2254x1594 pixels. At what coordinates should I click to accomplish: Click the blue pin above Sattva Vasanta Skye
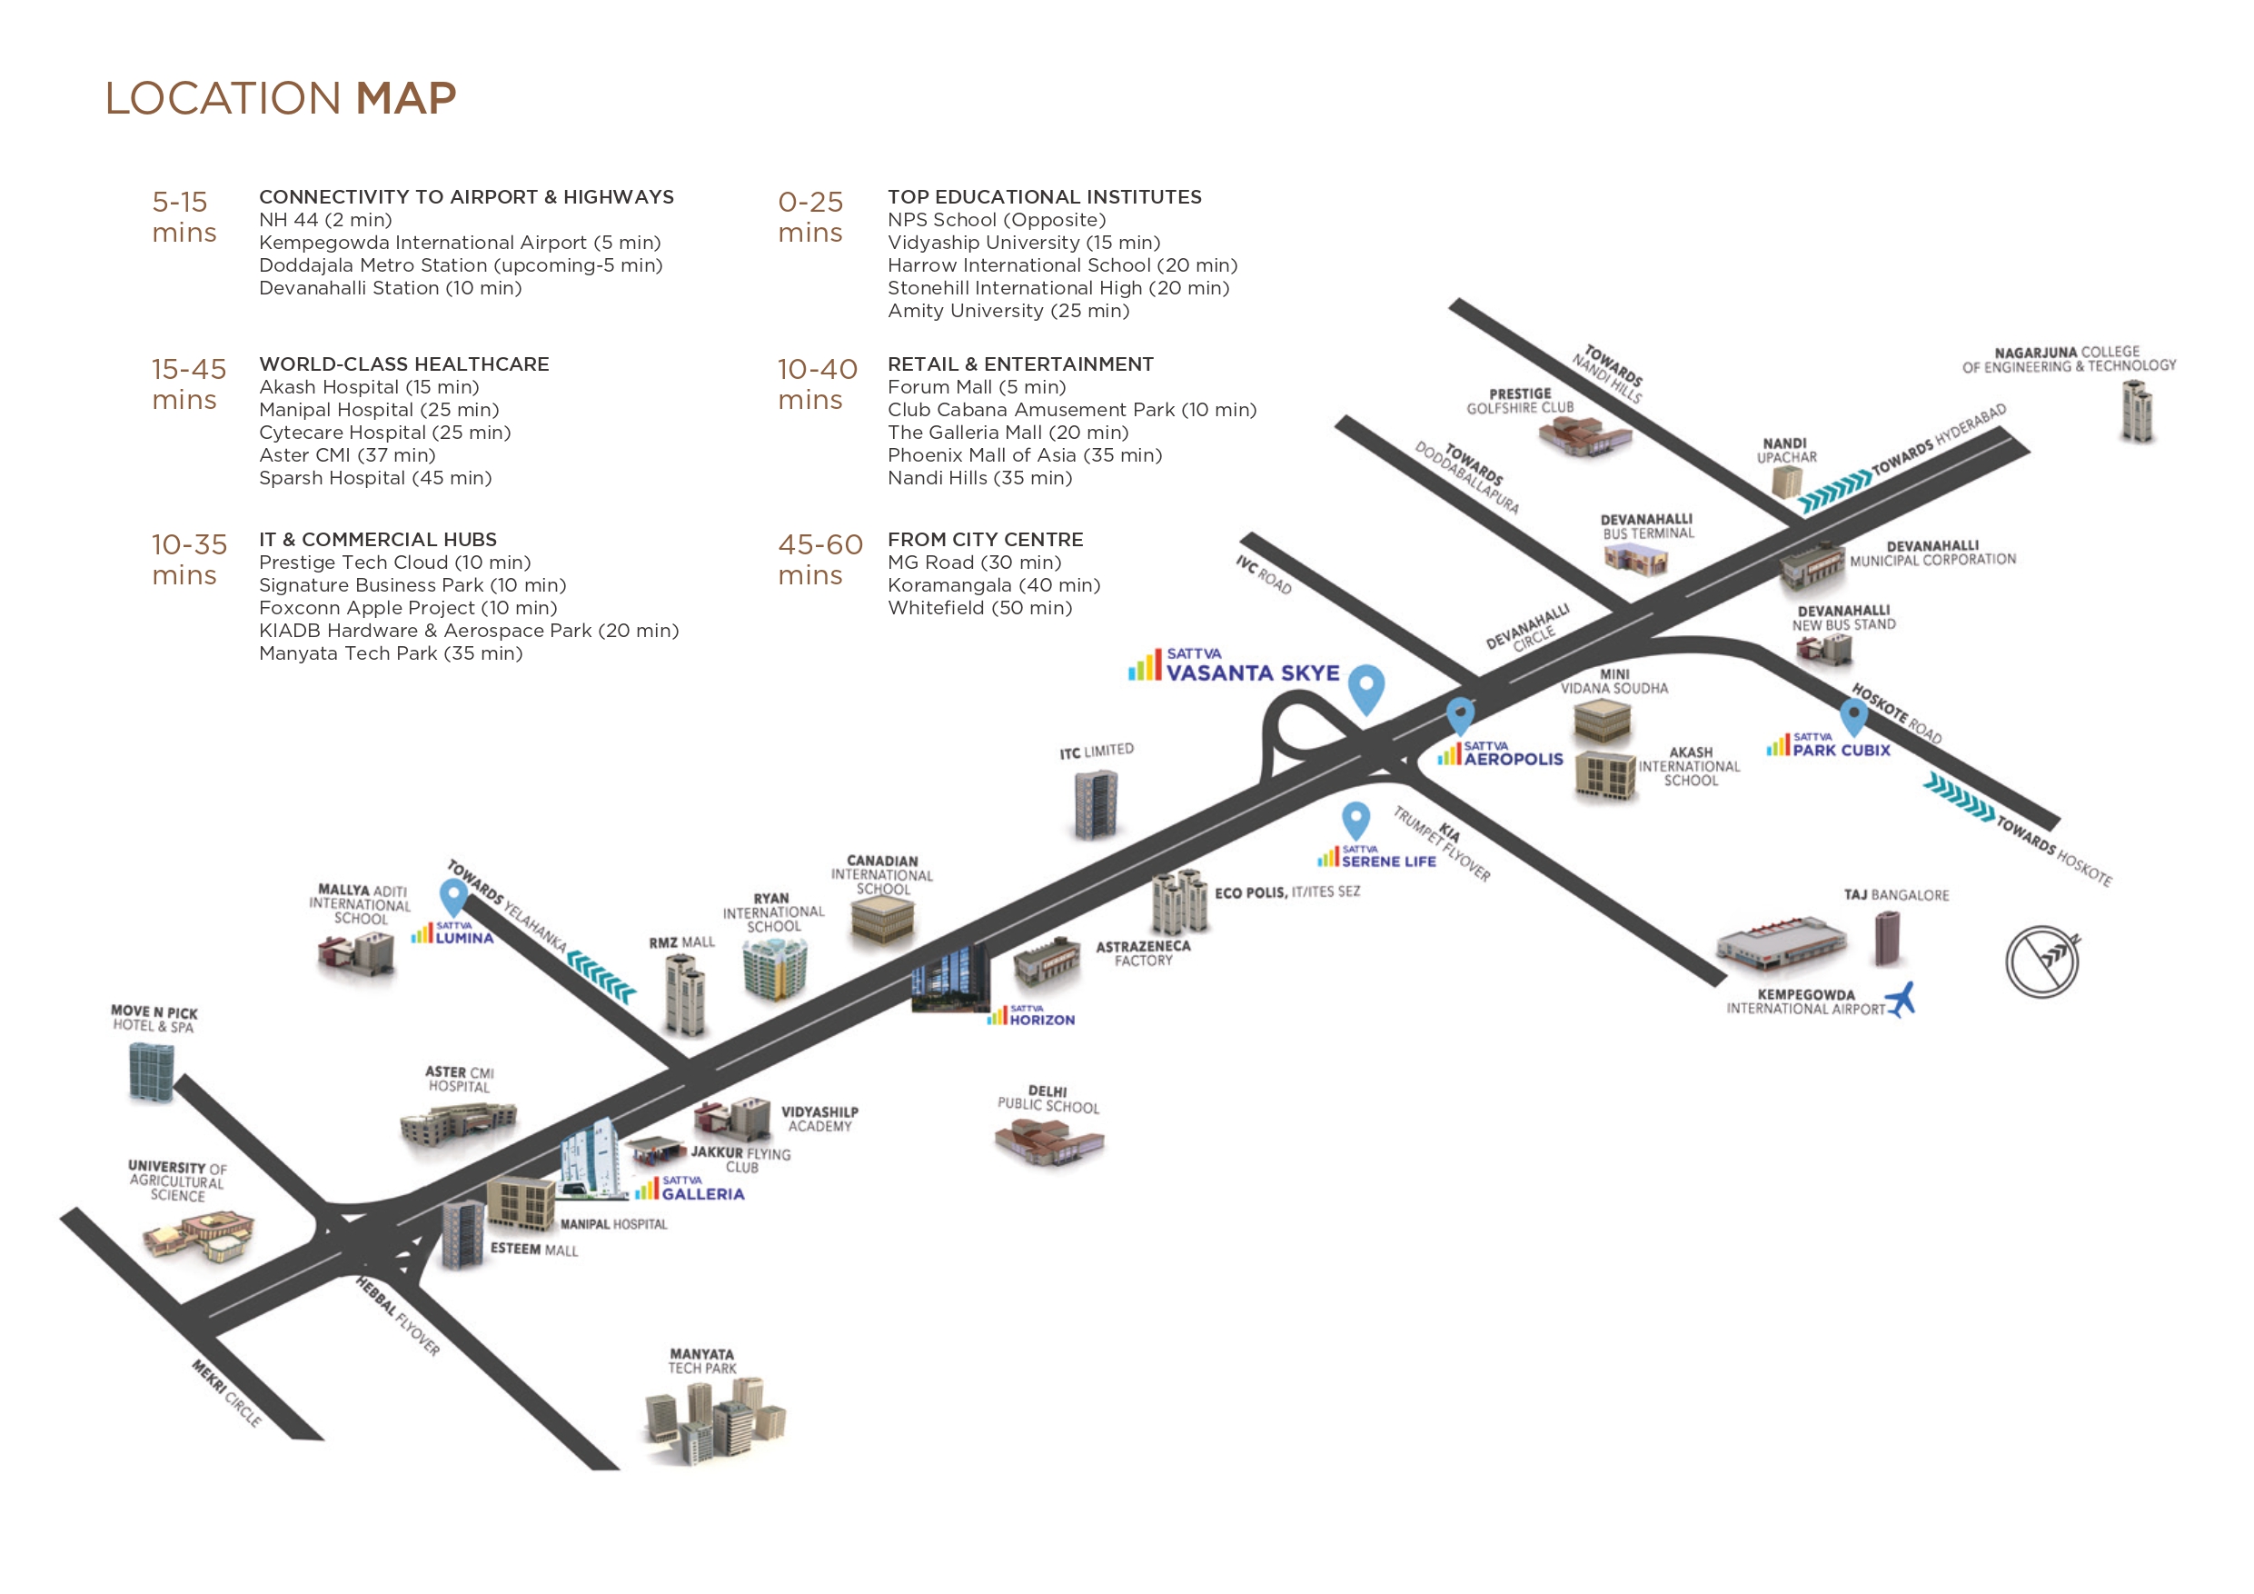[1365, 690]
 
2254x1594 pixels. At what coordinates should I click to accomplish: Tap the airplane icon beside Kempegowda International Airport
[1901, 999]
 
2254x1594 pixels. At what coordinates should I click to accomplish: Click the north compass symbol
[2042, 961]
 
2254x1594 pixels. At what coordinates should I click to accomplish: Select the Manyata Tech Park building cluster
[714, 1420]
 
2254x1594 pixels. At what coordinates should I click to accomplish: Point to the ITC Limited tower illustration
[1096, 804]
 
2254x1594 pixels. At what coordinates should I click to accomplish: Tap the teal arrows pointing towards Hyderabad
[1834, 492]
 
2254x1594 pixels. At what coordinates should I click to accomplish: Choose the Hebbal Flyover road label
[398, 1316]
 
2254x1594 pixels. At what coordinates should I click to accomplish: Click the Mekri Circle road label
[227, 1392]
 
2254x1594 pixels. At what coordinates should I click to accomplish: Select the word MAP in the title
[405, 98]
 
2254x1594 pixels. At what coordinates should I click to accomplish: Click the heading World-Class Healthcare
[403, 364]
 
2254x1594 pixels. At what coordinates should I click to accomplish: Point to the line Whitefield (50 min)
[979, 608]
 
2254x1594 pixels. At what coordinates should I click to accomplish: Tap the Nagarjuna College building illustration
[2137, 411]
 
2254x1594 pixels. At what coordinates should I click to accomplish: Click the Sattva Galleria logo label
[690, 1189]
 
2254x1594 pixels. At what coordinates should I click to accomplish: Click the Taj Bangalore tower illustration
[1886, 938]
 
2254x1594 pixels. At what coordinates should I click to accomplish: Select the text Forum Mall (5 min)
[977, 387]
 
